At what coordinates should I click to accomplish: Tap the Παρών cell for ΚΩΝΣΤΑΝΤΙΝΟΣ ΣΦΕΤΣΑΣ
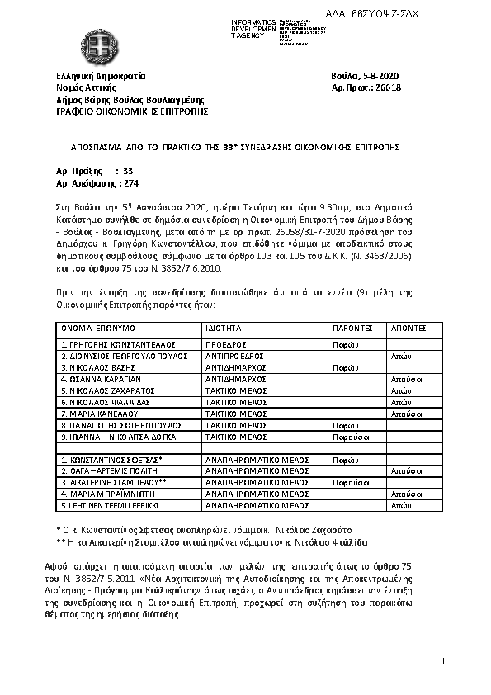(343, 458)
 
